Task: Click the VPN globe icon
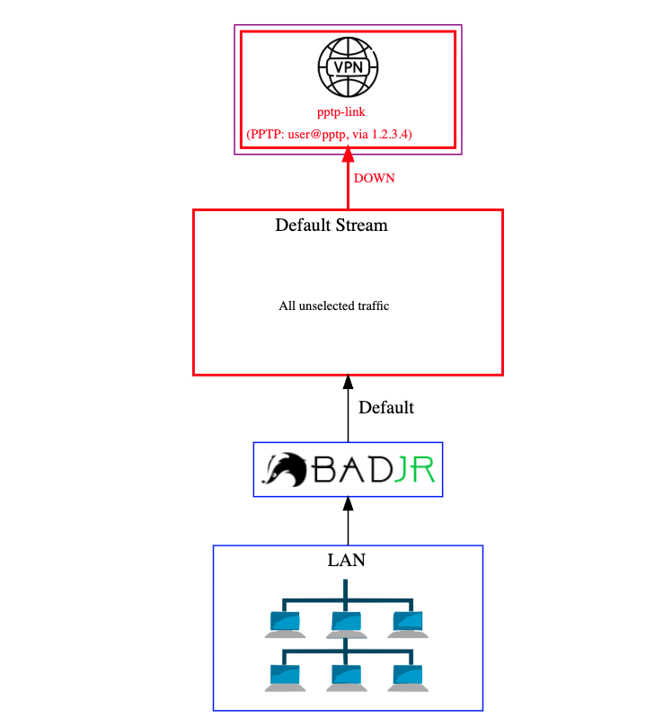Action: (348, 67)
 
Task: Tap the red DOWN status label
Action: (374, 178)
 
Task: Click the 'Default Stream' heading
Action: (331, 225)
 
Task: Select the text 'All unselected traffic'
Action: (333, 306)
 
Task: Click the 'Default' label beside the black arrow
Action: (386, 407)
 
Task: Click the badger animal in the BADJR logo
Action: (285, 469)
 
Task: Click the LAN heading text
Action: (347, 561)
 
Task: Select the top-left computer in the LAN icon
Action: (285, 624)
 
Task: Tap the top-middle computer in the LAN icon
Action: (346, 624)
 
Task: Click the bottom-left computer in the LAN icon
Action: (285, 678)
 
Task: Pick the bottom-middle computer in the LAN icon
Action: (346, 678)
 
